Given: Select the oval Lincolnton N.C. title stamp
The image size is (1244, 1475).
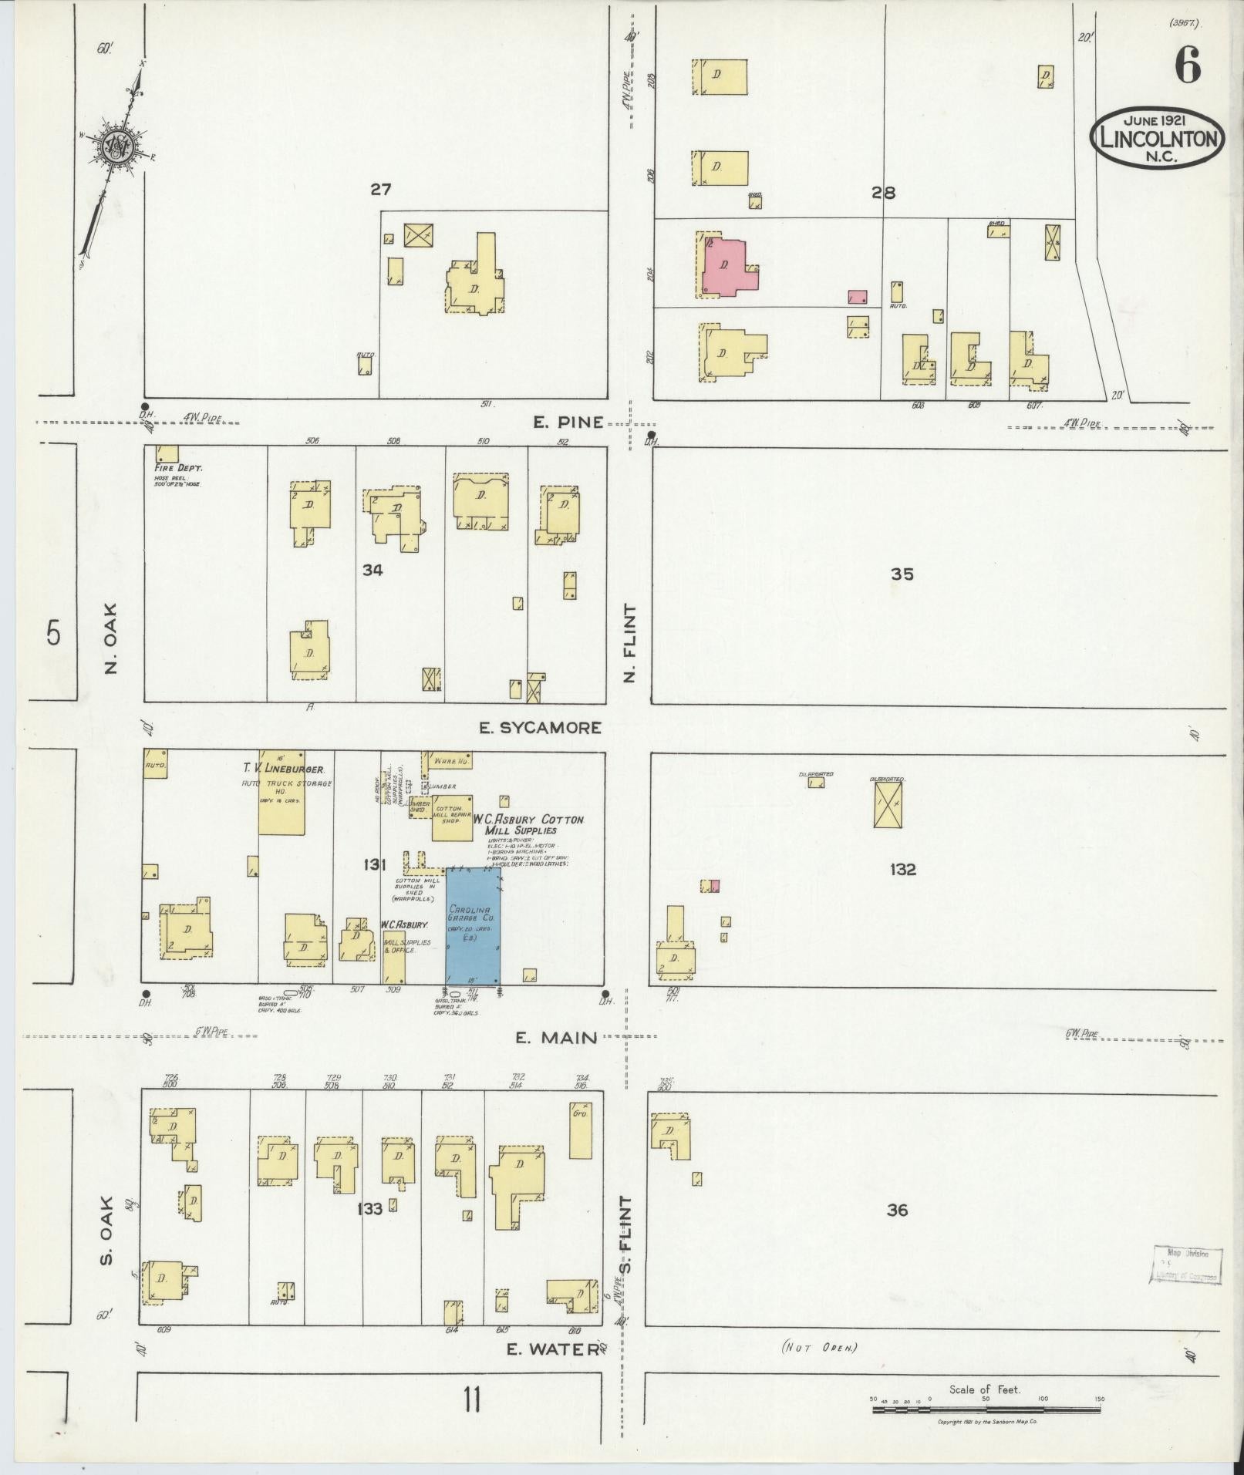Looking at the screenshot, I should click(x=1158, y=136).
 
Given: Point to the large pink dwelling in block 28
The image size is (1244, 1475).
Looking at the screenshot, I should click(x=727, y=266).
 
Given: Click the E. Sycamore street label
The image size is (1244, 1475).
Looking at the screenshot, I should click(x=540, y=727).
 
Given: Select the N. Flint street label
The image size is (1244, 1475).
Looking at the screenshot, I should click(x=631, y=643).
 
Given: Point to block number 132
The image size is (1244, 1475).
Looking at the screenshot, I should click(x=902, y=870).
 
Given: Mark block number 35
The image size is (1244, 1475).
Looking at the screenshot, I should click(x=902, y=574).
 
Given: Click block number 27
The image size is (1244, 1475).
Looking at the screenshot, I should click(x=381, y=190).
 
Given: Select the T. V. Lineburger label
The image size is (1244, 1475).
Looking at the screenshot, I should click(x=284, y=769).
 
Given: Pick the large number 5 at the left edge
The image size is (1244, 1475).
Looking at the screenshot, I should click(x=52, y=632).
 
